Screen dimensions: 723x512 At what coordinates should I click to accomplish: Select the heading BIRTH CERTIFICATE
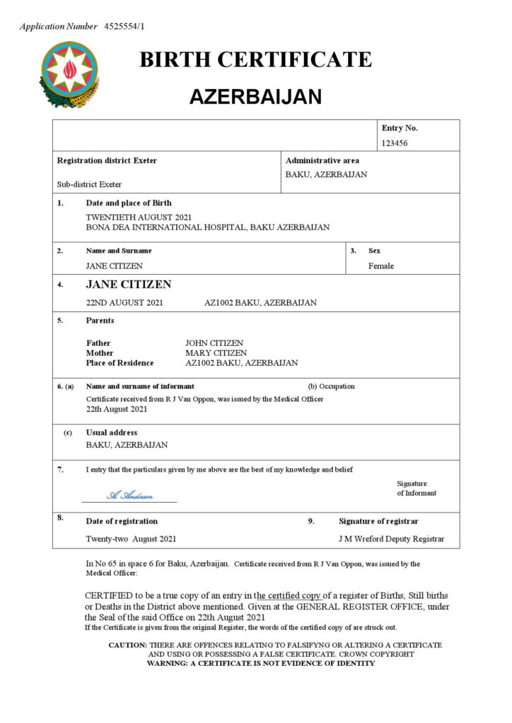[255, 60]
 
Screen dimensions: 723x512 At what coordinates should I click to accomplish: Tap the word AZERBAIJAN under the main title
[255, 97]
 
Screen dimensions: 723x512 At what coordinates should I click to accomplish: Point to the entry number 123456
[395, 143]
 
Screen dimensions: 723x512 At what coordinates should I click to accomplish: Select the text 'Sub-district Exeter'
[89, 184]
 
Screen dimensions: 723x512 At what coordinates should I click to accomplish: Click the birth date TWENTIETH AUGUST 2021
[139, 217]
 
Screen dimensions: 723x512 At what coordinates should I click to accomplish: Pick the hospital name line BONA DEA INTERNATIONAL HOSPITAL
[207, 227]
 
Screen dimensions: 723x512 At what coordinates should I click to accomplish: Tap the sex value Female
[380, 266]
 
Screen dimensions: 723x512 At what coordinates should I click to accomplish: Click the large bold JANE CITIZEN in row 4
[129, 285]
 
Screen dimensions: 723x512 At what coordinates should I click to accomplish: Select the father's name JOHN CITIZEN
[214, 343]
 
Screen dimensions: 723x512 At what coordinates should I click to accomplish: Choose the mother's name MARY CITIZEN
[216, 353]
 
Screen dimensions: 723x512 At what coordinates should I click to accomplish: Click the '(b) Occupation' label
[331, 386]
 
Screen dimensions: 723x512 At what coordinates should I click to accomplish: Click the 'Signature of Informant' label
[417, 489]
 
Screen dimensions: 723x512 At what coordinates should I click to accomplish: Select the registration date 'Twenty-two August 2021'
[131, 539]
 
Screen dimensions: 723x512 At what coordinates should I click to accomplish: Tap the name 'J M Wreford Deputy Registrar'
[391, 539]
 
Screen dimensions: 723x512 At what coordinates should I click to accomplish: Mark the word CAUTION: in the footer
[127, 645]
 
